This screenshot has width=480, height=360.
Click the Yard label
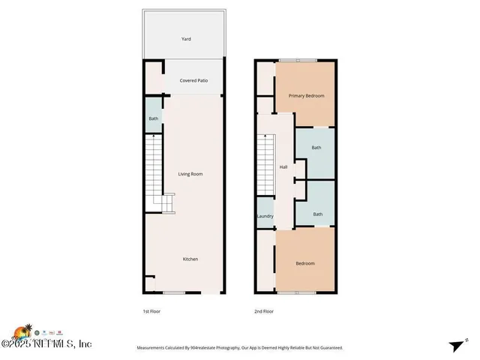(186, 38)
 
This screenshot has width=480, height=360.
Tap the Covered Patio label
(193, 80)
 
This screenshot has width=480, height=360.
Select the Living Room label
(190, 174)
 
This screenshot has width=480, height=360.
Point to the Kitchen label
(190, 259)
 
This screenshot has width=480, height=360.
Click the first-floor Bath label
(153, 118)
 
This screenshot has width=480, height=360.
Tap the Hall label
(283, 166)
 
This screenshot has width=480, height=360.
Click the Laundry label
(265, 216)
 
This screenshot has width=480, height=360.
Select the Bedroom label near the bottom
(304, 263)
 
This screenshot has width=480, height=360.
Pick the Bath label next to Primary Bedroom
(316, 148)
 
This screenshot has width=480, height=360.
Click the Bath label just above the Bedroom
(318, 214)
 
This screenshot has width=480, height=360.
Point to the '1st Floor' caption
(151, 311)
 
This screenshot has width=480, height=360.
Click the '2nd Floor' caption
(264, 311)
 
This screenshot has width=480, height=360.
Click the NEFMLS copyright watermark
(46, 344)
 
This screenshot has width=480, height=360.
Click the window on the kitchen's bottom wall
(174, 292)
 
